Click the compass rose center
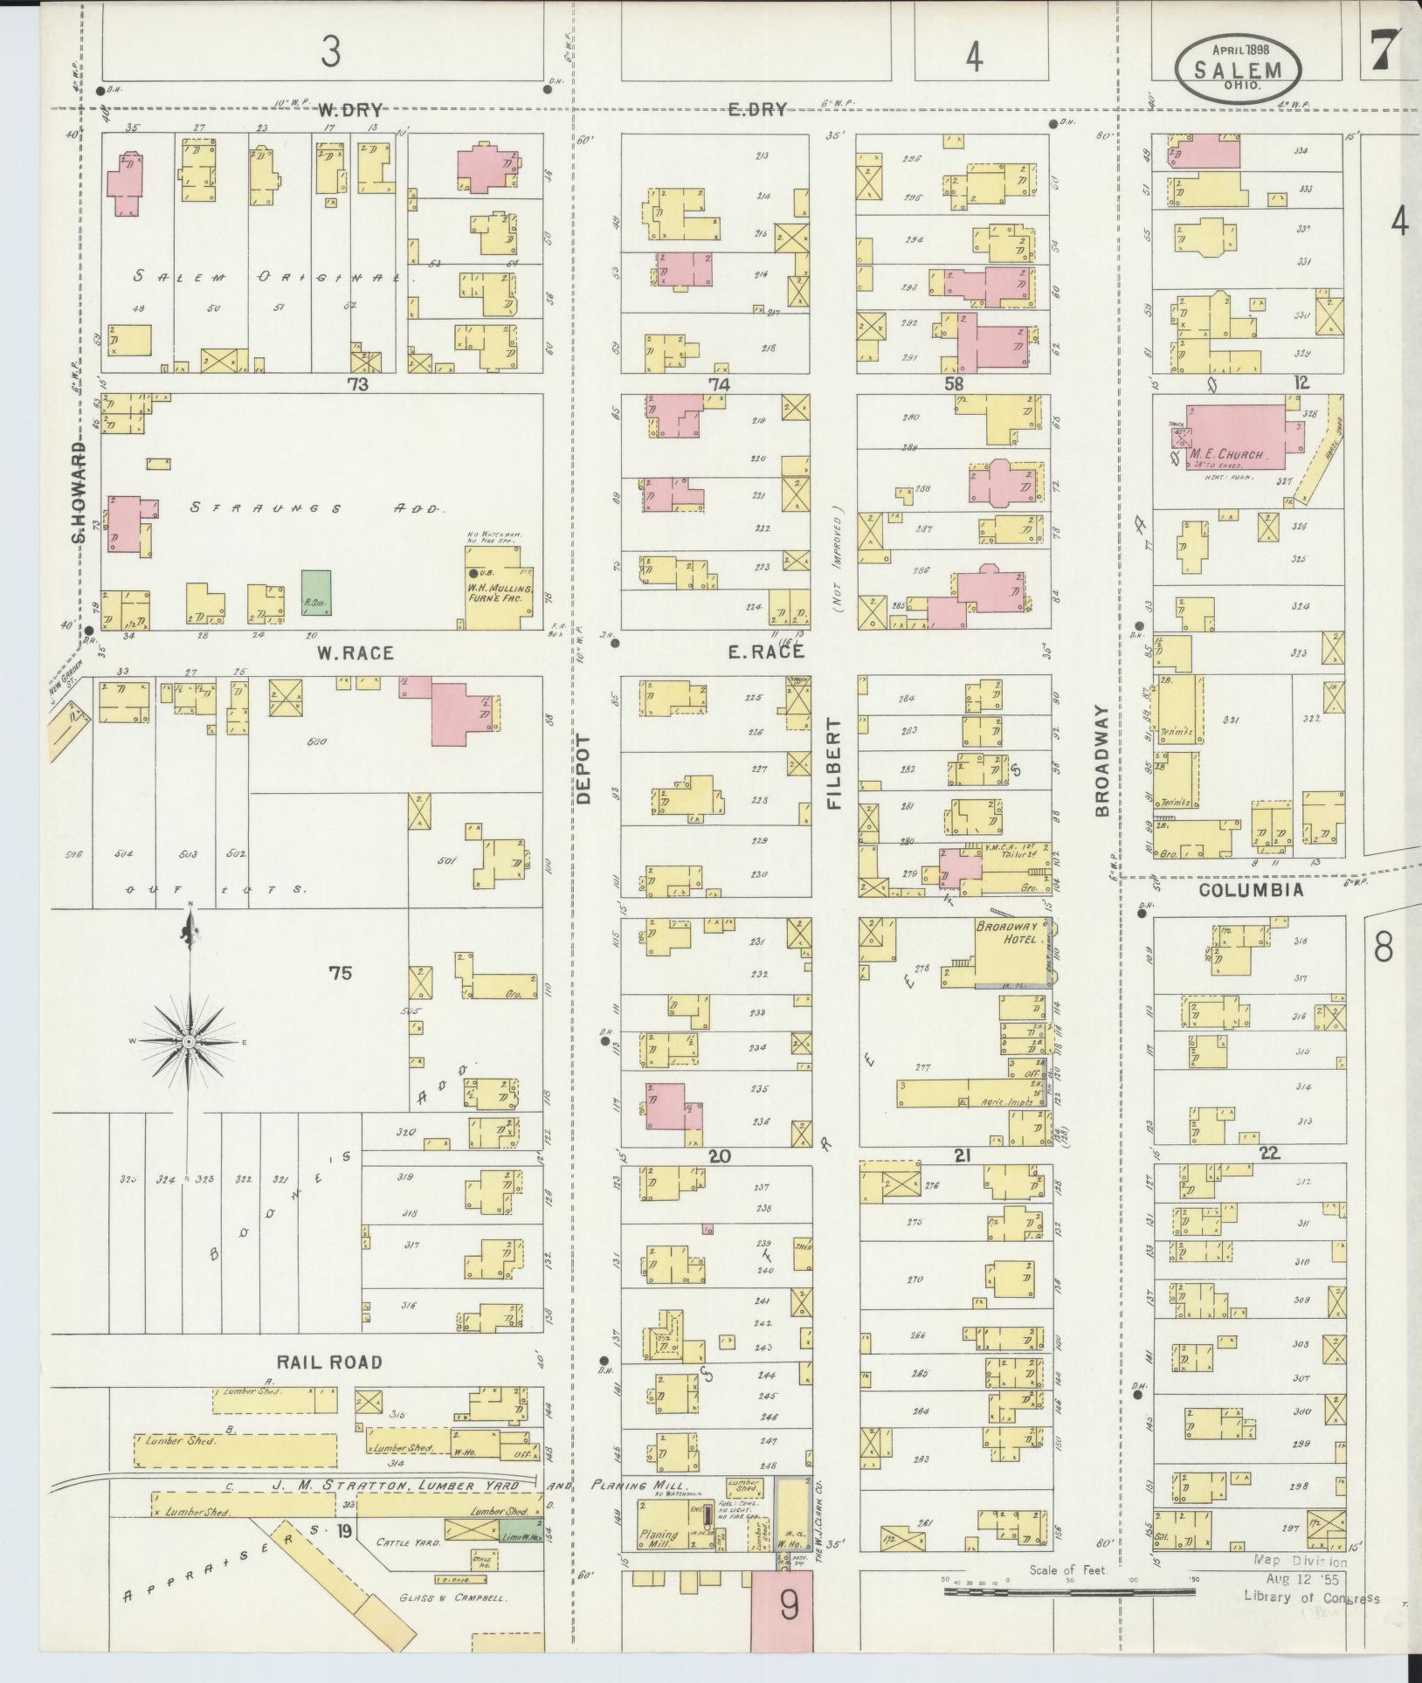(189, 1042)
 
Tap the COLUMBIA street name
(1251, 890)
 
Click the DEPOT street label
(583, 769)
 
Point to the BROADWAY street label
(1102, 761)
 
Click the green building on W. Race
(316, 593)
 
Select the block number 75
(340, 972)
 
